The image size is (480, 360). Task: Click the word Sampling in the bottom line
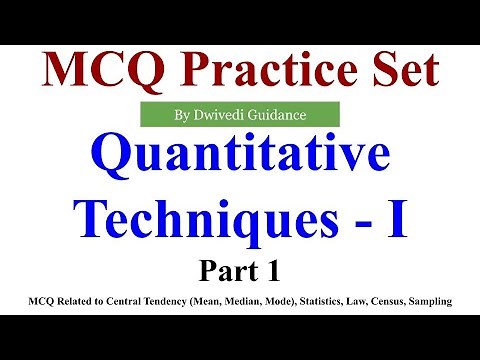[447, 297]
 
